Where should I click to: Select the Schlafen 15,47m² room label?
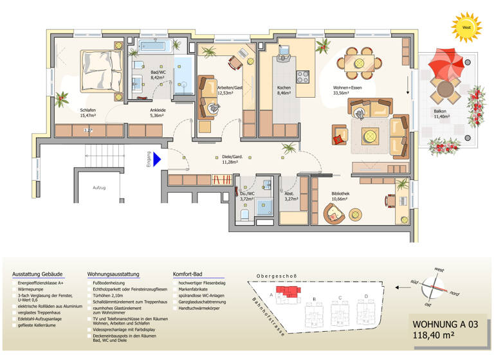pos(88,113)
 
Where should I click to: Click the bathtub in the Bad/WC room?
pos(154,46)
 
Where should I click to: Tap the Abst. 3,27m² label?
pos(290,196)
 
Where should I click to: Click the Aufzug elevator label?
pos(98,188)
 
